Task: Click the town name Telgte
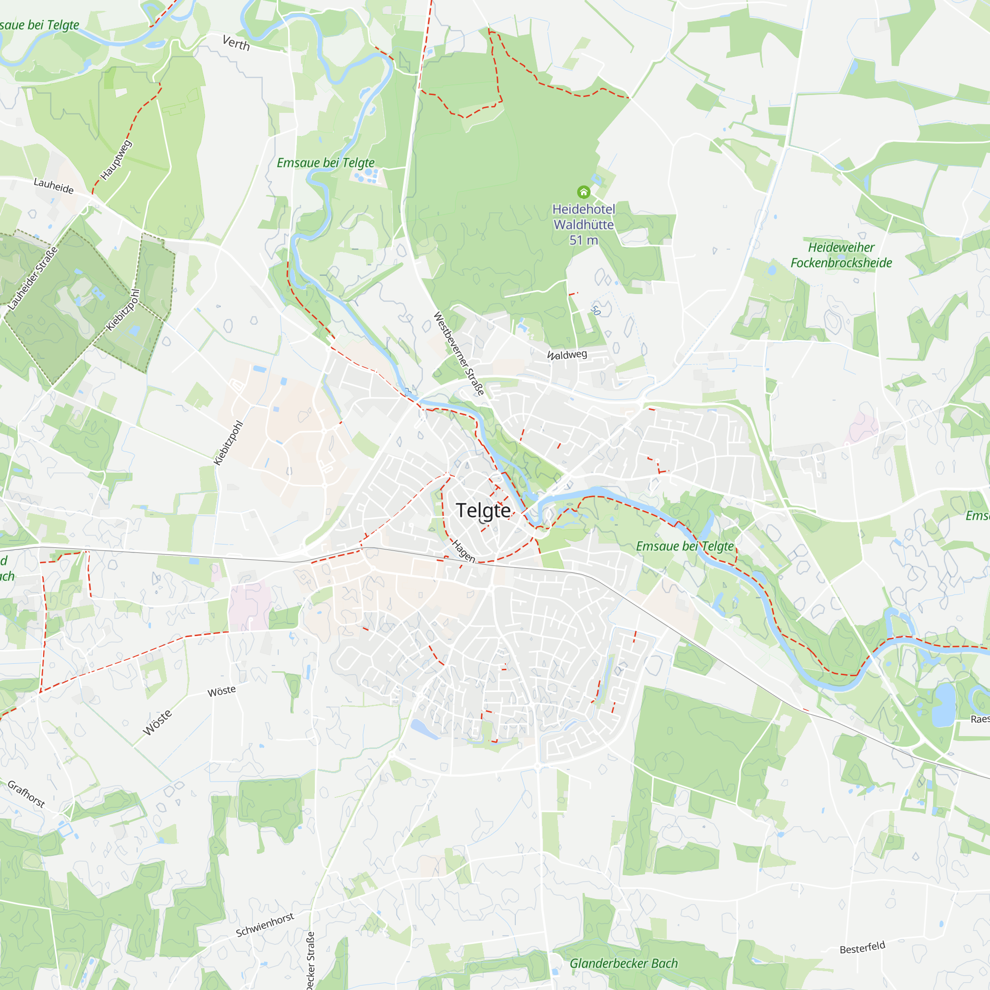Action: pyautogui.click(x=483, y=510)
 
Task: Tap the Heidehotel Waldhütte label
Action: pyautogui.click(x=584, y=217)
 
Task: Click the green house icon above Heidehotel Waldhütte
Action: pyautogui.click(x=584, y=192)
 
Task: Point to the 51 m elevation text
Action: pyautogui.click(x=584, y=240)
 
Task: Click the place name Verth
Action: pyautogui.click(x=236, y=43)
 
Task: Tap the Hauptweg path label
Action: pyautogui.click(x=116, y=160)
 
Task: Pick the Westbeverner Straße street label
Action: pyautogui.click(x=459, y=353)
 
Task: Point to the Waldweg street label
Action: pyautogui.click(x=567, y=354)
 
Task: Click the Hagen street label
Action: pyautogui.click(x=464, y=551)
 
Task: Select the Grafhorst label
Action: pyautogui.click(x=26, y=794)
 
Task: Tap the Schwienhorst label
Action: pyautogui.click(x=265, y=925)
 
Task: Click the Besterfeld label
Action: pyautogui.click(x=862, y=947)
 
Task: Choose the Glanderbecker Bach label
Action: pyautogui.click(x=624, y=963)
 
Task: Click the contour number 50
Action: pyautogui.click(x=595, y=310)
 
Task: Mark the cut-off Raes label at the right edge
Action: pyautogui.click(x=980, y=719)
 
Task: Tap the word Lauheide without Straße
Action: pyautogui.click(x=54, y=186)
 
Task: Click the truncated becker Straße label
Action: pyautogui.click(x=310, y=961)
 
